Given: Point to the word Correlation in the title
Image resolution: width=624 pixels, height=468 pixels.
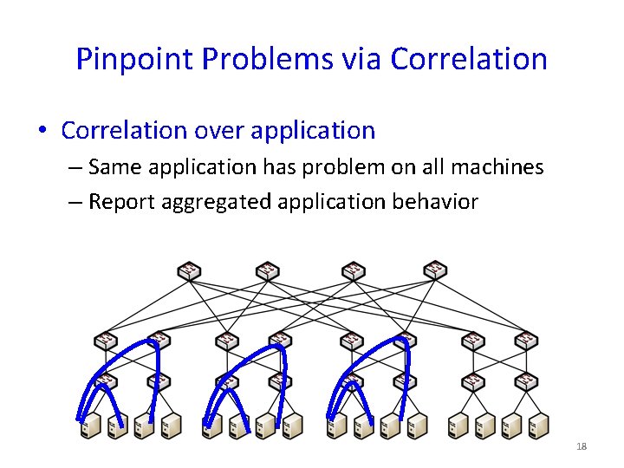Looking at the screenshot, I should click(469, 59).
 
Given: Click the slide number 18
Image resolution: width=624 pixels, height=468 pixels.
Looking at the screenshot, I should click(582, 446).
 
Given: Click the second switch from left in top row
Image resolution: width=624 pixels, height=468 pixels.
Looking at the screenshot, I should click(268, 271).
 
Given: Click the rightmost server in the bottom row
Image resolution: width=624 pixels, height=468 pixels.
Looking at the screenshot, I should click(539, 426).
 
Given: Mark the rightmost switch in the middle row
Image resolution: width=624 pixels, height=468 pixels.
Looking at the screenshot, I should click(525, 341).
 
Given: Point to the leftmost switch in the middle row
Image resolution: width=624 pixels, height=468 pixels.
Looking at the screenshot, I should click(106, 341).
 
